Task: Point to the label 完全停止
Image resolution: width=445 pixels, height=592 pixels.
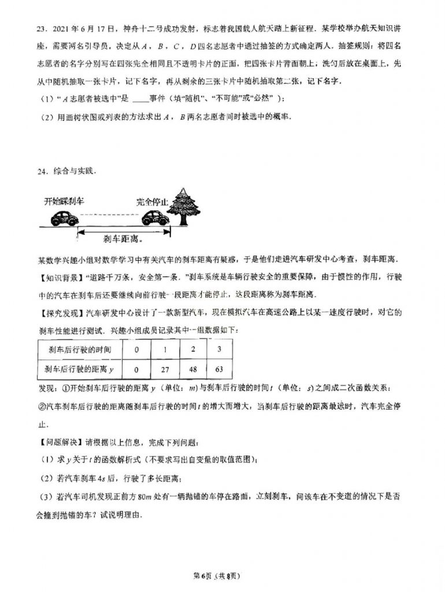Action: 152,202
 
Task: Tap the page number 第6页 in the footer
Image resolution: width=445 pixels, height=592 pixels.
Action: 202,575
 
